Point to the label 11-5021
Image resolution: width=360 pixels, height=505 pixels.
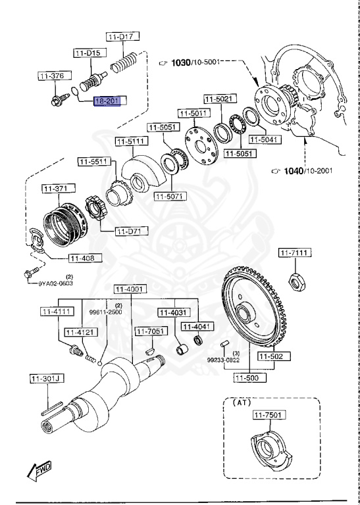tap(218, 99)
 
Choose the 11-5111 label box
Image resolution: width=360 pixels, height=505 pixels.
tap(132, 141)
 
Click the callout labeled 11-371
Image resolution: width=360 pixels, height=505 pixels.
tap(56, 189)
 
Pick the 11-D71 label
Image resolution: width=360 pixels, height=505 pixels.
tap(132, 231)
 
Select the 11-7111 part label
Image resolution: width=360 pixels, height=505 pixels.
tap(294, 252)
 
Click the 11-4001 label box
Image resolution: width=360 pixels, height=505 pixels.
tap(130, 289)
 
